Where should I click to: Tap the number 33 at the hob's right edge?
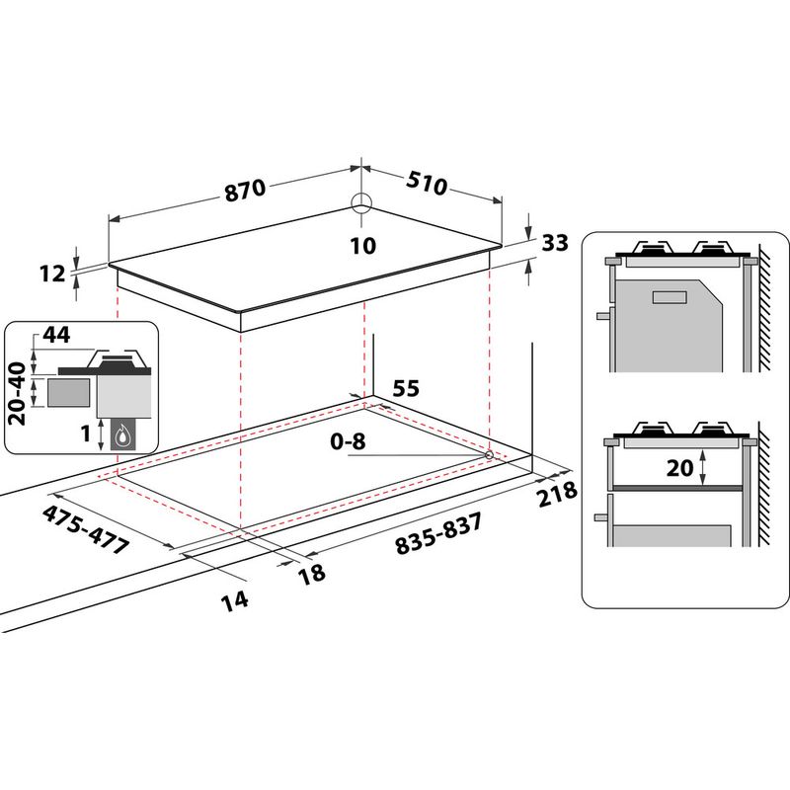pos(556,242)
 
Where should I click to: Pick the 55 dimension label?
pos(406,388)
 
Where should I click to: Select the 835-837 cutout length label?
pos(437,535)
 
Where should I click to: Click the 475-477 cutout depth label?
pos(88,530)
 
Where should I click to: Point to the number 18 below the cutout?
pos(312,574)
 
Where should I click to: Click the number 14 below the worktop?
pos(234,597)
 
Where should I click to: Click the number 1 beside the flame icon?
pos(86,431)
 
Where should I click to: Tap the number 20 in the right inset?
pos(679,469)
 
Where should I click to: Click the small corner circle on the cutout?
pos(490,454)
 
